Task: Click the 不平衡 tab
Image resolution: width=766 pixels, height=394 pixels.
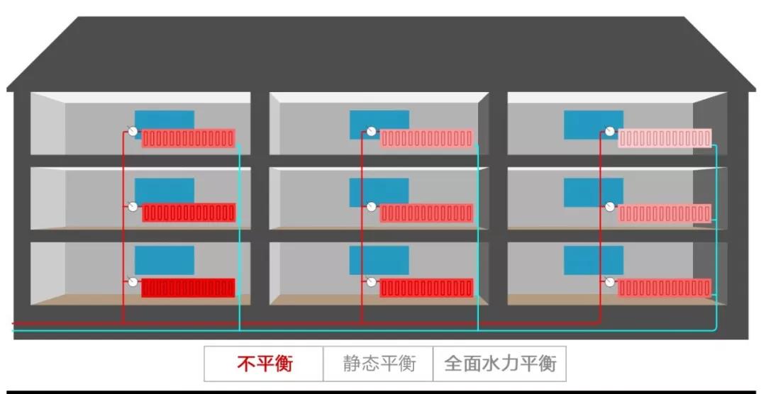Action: pos(264,364)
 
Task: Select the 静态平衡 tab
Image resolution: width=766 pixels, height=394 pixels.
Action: pos(378,364)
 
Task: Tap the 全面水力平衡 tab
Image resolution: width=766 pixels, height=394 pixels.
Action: pos(500,364)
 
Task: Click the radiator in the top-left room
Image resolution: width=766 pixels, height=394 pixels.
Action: pos(188,138)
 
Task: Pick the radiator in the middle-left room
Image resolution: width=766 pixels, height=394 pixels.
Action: pos(188,213)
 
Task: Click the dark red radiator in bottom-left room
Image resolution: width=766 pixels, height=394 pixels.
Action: pos(188,288)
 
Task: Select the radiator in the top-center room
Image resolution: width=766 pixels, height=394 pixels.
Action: pos(426,138)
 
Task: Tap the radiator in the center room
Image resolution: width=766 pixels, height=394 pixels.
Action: pos(426,213)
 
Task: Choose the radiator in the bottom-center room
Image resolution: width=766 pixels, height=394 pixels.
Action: pos(426,288)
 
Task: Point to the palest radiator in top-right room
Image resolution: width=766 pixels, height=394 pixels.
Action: pos(665,138)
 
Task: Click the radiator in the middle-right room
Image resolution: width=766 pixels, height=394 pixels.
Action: pos(665,213)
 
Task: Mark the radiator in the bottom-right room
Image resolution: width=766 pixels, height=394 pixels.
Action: pos(665,288)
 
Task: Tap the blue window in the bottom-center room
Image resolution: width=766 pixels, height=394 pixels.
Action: pos(379,261)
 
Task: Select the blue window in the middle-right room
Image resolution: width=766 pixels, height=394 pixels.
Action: pos(594,191)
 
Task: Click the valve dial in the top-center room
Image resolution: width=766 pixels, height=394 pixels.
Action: pos(371,131)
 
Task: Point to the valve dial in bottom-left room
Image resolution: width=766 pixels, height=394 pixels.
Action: pos(133,282)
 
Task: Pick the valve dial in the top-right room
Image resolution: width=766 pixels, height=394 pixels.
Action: pos(609,131)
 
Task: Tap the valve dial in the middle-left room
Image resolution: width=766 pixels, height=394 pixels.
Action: pos(133,207)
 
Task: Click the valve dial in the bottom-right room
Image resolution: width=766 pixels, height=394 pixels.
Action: pos(609,282)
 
